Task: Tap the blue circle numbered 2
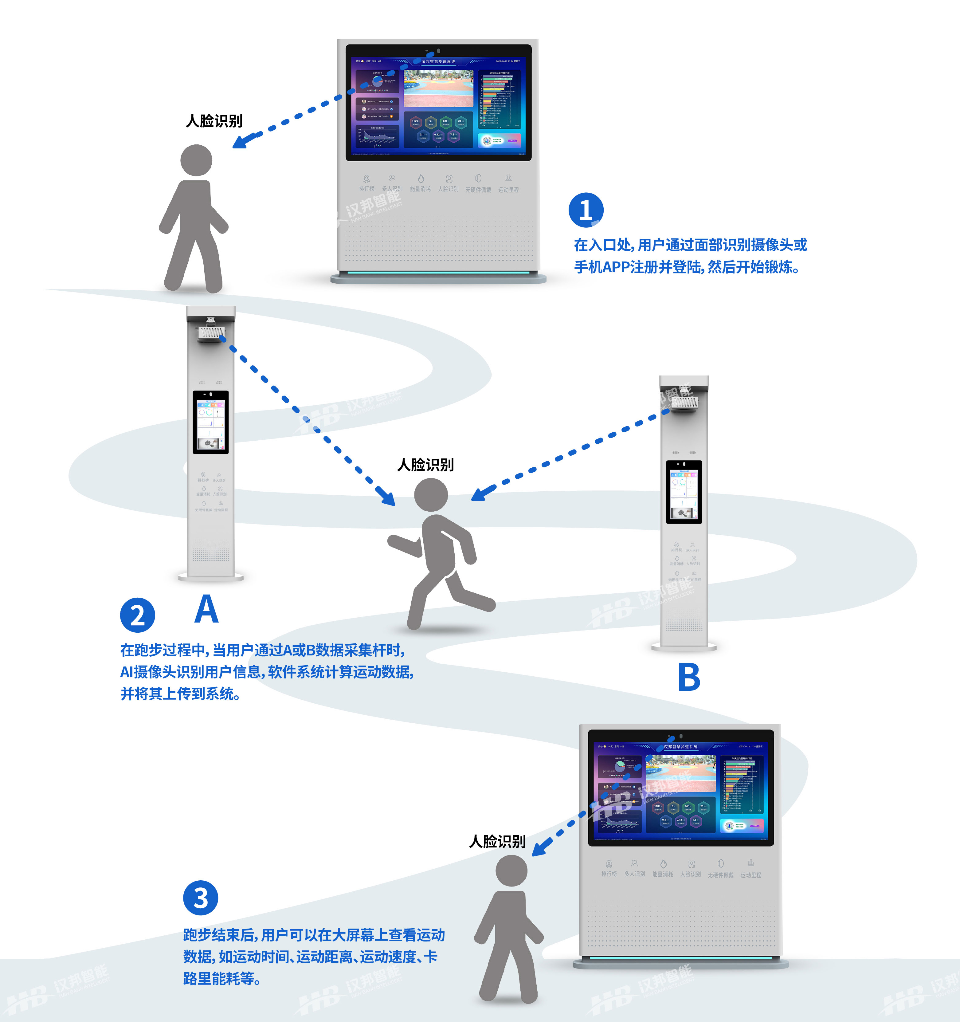click(x=137, y=615)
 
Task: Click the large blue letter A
click(x=207, y=609)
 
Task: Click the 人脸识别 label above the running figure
click(x=425, y=465)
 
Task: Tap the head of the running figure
click(x=431, y=494)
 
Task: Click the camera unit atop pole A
click(x=210, y=332)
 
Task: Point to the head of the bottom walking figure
click(x=511, y=870)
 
